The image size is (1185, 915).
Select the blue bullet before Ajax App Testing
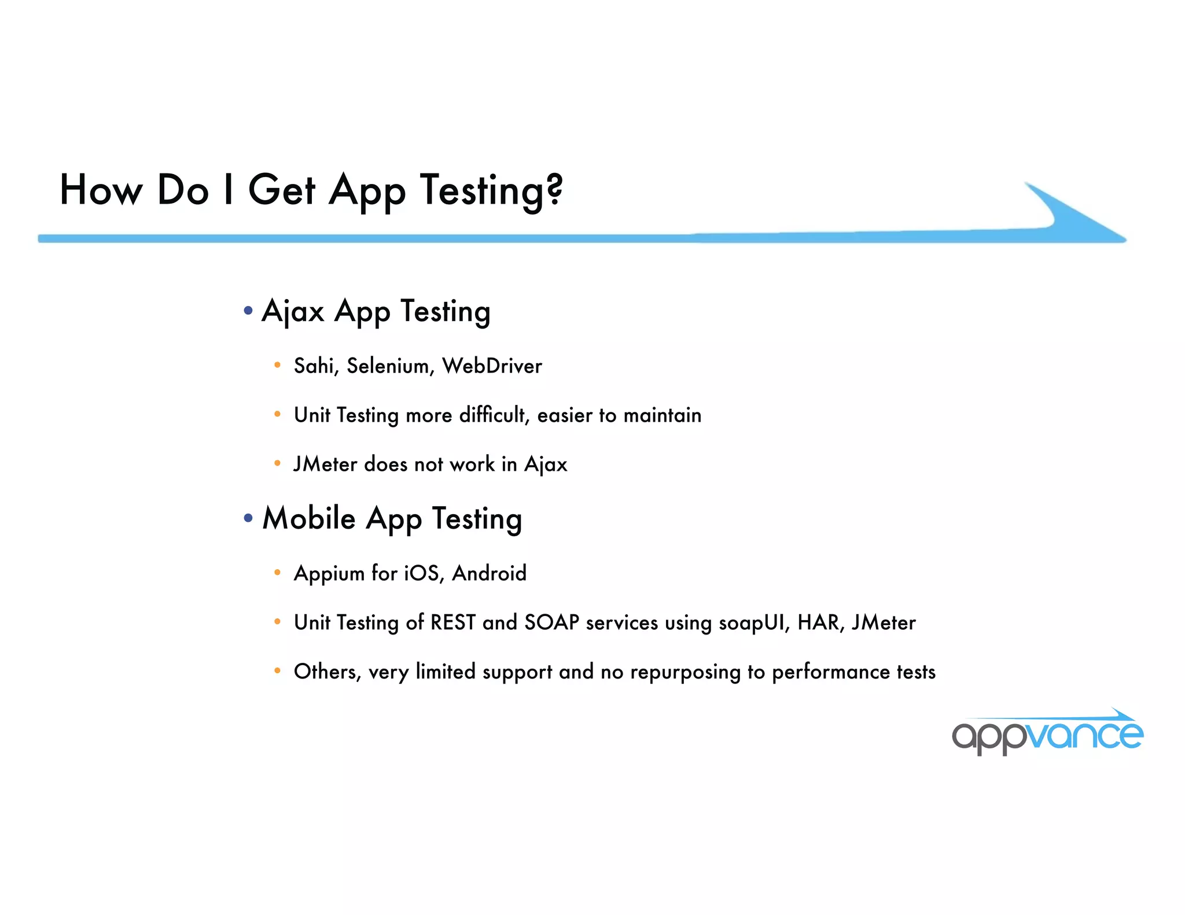point(248,311)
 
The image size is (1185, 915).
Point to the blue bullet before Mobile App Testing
point(248,518)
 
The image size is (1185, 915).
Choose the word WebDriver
point(492,366)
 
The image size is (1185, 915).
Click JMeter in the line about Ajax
point(325,464)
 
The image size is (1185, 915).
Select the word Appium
point(329,574)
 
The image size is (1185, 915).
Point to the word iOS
point(424,573)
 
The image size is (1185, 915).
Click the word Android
point(490,573)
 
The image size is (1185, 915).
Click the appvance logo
point(1047,733)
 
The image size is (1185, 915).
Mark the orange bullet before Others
point(278,671)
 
